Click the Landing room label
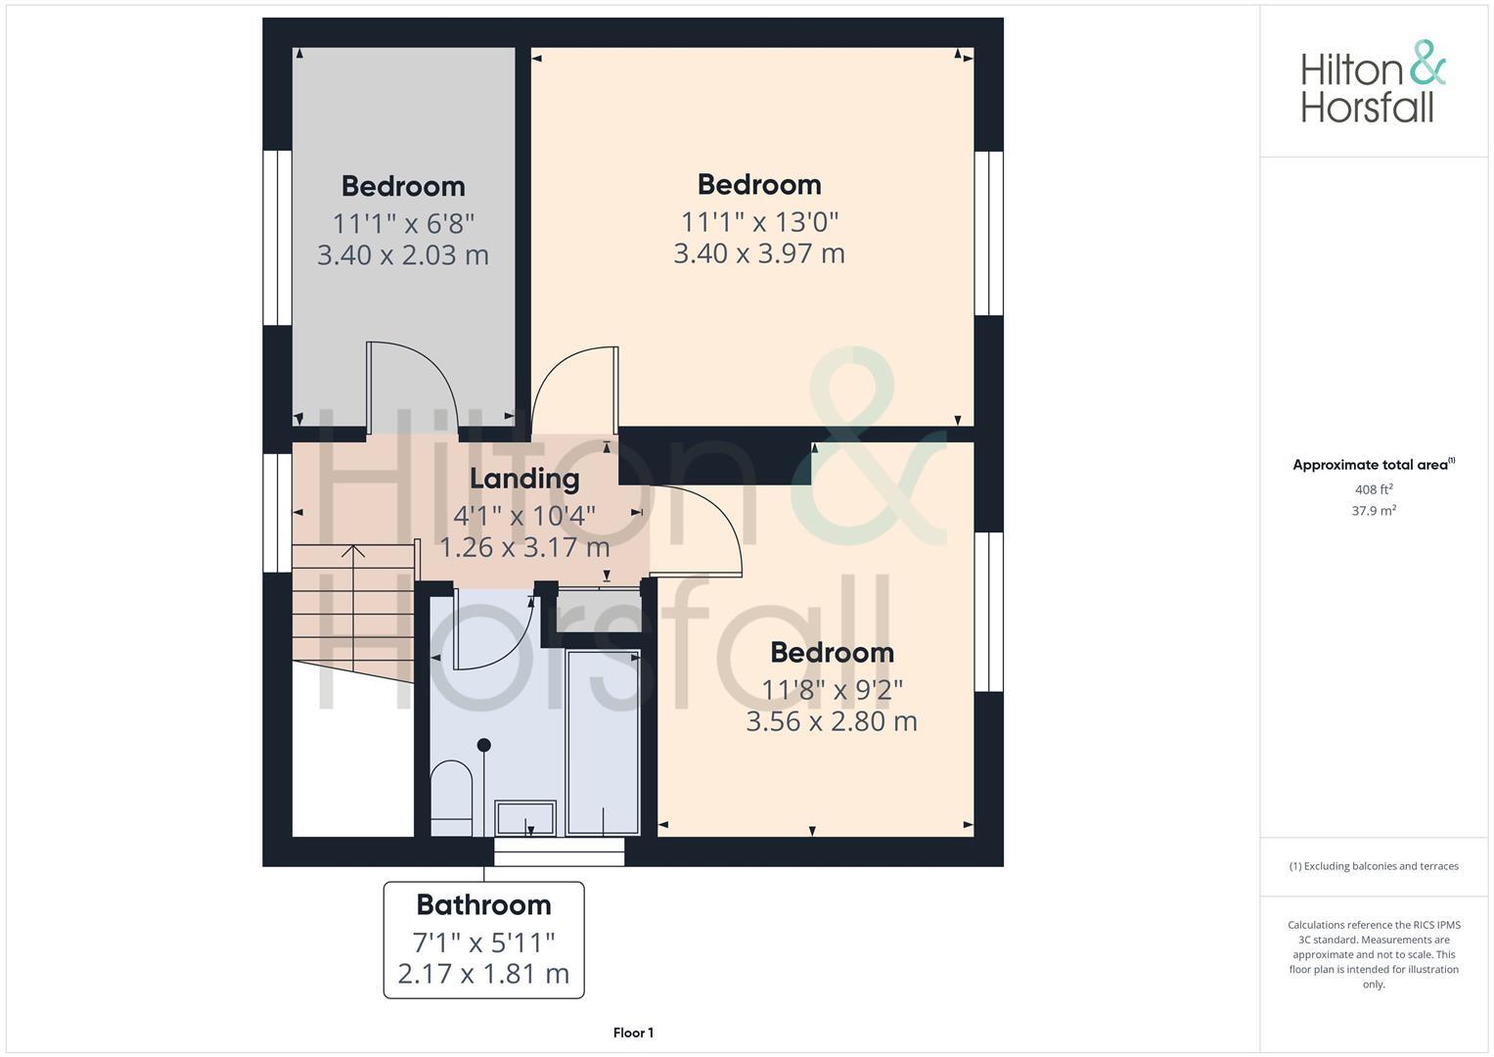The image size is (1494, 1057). (x=524, y=479)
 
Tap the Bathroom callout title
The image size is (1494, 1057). (x=483, y=904)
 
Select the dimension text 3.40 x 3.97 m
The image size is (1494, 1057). (x=758, y=253)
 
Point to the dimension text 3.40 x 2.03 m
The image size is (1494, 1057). (x=402, y=255)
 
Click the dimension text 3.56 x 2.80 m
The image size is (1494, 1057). (x=831, y=722)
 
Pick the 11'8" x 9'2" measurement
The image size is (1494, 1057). (x=832, y=690)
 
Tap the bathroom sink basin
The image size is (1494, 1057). (x=525, y=817)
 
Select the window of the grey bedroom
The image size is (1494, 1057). (x=278, y=238)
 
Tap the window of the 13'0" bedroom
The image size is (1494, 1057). (x=988, y=233)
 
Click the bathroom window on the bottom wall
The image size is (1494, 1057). (x=559, y=851)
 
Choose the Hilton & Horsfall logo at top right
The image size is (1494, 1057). (x=1373, y=82)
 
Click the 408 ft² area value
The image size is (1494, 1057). (x=1373, y=489)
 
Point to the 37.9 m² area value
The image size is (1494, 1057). (x=1373, y=511)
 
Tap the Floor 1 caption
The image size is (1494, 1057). (x=633, y=1033)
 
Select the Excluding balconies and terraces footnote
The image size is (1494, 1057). (x=1373, y=866)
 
